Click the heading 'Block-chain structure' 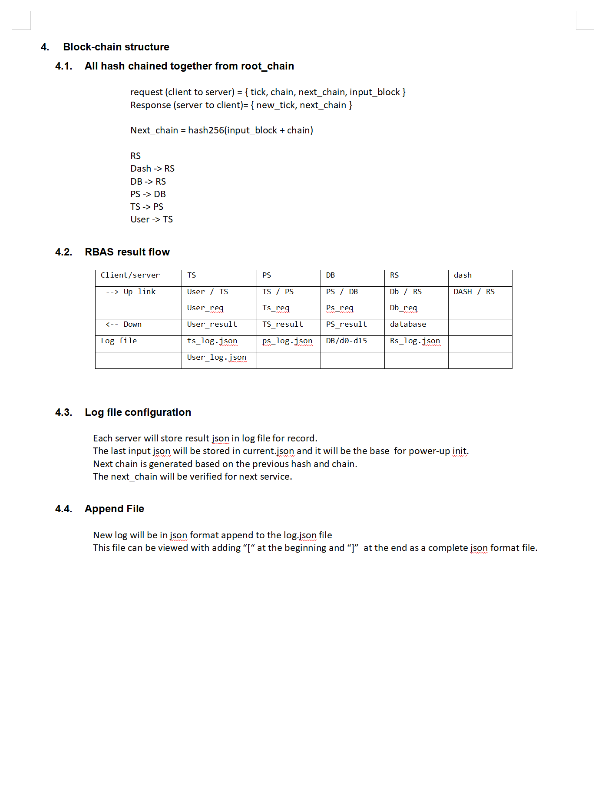[116, 47]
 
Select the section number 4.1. [63, 66]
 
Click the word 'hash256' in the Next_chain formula [206, 130]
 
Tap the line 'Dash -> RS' [152, 169]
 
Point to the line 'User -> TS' [152, 219]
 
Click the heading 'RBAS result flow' [127, 252]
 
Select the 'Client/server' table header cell [130, 275]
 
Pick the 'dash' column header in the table [463, 275]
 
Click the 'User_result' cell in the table [212, 324]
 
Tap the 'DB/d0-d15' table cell [347, 341]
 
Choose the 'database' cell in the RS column [408, 324]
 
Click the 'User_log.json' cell [217, 357]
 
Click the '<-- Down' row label [124, 324]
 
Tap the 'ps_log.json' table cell [287, 341]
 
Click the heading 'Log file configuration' [138, 412]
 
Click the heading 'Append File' [114, 509]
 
